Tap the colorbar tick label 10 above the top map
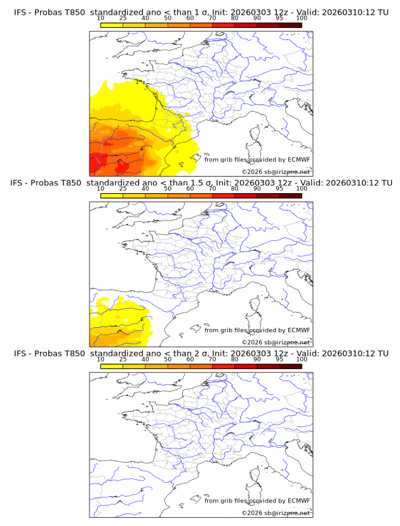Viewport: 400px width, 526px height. [x=100, y=18]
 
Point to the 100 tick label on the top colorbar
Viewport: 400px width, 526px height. [x=302, y=18]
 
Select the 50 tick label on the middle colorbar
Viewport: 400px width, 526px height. [x=168, y=189]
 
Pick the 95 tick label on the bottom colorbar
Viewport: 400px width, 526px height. [x=279, y=359]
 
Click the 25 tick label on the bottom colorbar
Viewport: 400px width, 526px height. [x=123, y=359]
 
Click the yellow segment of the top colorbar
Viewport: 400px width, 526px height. [x=111, y=25]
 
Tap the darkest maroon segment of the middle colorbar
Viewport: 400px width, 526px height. [x=290, y=195]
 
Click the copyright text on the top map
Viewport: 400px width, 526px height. [x=276, y=172]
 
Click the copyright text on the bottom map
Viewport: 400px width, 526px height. [x=276, y=513]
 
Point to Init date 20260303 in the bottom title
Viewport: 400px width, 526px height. [x=239, y=353]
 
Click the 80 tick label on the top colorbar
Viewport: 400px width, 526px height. [x=235, y=18]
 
